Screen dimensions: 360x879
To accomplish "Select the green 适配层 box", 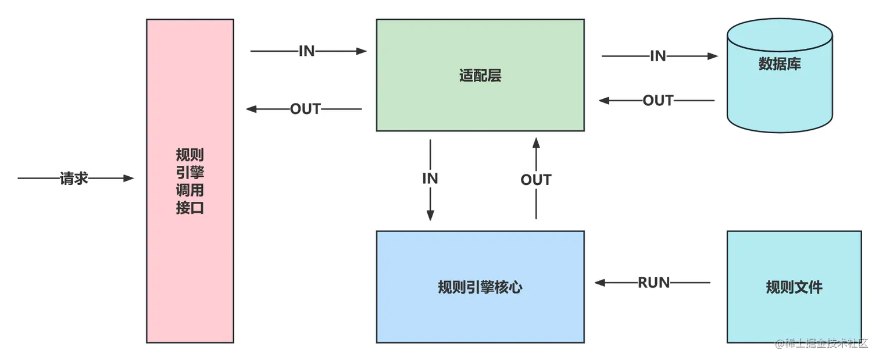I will (x=480, y=76).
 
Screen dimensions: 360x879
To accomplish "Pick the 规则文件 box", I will (x=794, y=287).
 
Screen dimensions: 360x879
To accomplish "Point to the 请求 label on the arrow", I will (x=74, y=179).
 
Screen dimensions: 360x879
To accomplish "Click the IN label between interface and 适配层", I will (x=306, y=51).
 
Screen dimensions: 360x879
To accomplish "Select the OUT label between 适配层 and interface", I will (x=305, y=109).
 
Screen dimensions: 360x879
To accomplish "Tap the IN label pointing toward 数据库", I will (x=658, y=56).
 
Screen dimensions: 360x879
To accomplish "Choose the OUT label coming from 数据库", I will (x=658, y=101).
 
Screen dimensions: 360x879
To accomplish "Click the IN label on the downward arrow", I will (x=430, y=179).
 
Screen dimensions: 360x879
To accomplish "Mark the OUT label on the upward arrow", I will (x=535, y=180).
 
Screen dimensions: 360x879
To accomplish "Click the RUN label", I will (x=654, y=283).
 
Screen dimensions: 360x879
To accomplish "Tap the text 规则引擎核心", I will (x=480, y=287).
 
